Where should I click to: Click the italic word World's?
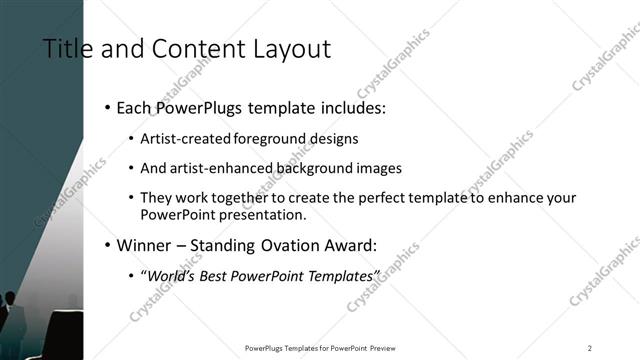pos(172,275)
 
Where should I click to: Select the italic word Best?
pos(219,275)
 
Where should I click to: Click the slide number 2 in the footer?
pos(589,348)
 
